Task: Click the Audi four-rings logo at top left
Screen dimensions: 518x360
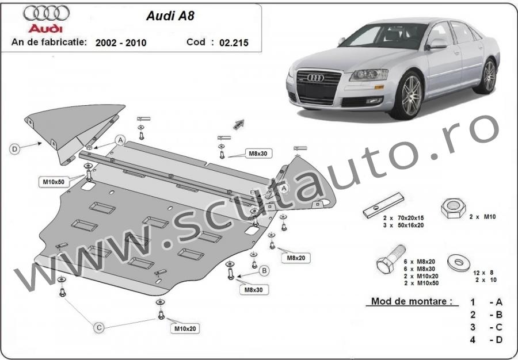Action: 46,13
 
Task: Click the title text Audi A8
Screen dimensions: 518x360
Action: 170,16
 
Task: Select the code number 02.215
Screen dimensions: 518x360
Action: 234,43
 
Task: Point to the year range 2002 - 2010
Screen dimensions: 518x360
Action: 121,43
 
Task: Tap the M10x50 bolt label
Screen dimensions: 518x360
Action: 54,182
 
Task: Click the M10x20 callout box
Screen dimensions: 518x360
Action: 185,328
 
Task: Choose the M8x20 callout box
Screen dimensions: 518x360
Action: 296,258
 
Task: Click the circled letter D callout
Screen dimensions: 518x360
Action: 14,150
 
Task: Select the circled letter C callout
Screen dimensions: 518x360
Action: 99,328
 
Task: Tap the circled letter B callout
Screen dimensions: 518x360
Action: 264,271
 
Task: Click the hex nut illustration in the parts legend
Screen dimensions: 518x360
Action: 454,208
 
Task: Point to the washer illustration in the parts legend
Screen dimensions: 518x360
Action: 459,263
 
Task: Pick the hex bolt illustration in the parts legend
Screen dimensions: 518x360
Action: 391,259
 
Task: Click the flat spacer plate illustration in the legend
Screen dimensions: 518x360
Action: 383,205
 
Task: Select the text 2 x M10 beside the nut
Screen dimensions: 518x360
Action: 483,217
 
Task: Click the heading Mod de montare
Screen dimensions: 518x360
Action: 412,301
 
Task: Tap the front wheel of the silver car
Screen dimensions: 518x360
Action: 408,95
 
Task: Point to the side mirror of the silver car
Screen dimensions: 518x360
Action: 436,44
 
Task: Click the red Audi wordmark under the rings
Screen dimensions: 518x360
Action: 45,28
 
